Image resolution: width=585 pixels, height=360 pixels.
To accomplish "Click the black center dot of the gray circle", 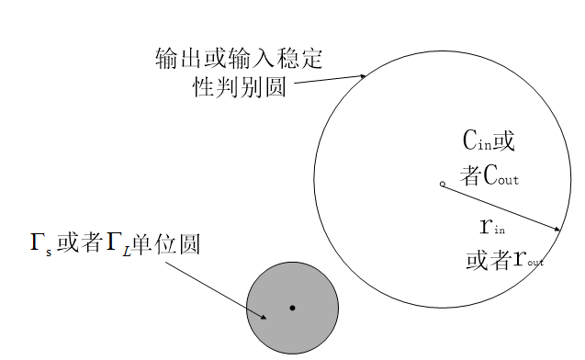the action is tap(292, 308).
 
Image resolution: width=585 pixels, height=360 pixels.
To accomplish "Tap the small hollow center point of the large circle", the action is tap(443, 184).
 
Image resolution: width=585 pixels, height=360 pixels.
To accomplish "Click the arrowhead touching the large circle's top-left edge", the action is tap(363, 76).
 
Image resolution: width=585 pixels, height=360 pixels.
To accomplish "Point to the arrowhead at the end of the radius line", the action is tap(557, 229).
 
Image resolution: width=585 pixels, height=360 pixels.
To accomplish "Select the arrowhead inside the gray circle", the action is tap(263, 317).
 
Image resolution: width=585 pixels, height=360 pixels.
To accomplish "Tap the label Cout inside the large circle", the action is tap(501, 175).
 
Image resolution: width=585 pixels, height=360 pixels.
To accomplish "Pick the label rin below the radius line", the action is tap(492, 227).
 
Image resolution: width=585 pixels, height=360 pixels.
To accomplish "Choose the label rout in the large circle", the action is tap(529, 259).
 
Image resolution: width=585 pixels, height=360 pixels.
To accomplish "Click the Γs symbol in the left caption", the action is tap(41, 243).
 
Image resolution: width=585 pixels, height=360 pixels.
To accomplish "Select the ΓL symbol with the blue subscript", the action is tap(118, 244).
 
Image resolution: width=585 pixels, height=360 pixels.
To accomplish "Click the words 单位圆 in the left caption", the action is tap(166, 244).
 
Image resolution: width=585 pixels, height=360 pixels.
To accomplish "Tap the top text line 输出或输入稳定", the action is tap(239, 59).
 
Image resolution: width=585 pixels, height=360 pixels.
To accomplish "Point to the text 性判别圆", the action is tap(240, 87).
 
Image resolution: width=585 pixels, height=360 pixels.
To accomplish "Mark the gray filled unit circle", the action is tap(292, 308).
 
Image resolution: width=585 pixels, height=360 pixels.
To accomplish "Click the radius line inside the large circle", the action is tap(501, 207).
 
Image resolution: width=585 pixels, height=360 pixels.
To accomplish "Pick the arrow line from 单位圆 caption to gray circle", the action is tap(216, 290).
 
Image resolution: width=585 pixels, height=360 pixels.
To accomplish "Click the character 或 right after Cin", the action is tap(504, 141).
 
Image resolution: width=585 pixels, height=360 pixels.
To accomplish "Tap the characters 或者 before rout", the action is tap(489, 259).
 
